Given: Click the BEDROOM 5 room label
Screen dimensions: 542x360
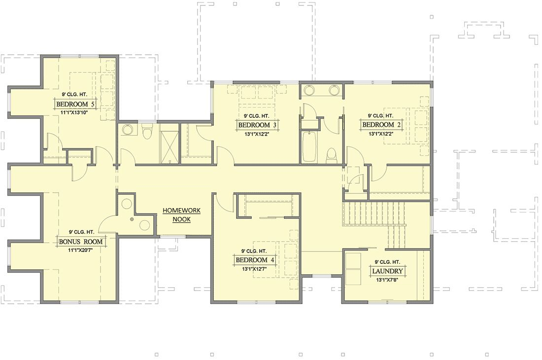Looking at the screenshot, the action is click(x=75, y=104).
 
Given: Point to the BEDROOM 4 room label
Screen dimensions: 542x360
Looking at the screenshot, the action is click(x=255, y=260).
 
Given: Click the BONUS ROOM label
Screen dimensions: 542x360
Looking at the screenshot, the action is click(x=81, y=241).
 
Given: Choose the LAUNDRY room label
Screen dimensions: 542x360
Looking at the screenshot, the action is click(x=387, y=271).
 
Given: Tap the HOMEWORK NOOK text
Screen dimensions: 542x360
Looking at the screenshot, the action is click(x=181, y=215).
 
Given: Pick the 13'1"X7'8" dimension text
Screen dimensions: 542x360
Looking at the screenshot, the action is click(x=387, y=280).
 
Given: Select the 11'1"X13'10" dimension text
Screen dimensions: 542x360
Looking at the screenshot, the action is click(x=74, y=112).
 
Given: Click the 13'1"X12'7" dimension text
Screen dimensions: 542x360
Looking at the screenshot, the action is click(x=255, y=268).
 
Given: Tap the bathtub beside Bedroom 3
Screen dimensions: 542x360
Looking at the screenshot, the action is click(x=309, y=146).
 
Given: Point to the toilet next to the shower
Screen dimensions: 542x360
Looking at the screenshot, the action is click(x=147, y=131).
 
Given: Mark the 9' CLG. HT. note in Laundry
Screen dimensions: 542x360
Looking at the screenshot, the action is click(x=387, y=262).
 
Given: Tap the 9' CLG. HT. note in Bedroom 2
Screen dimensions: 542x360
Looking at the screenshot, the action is click(x=380, y=116).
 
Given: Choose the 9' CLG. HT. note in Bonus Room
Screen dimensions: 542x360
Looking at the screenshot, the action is click(x=81, y=232).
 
